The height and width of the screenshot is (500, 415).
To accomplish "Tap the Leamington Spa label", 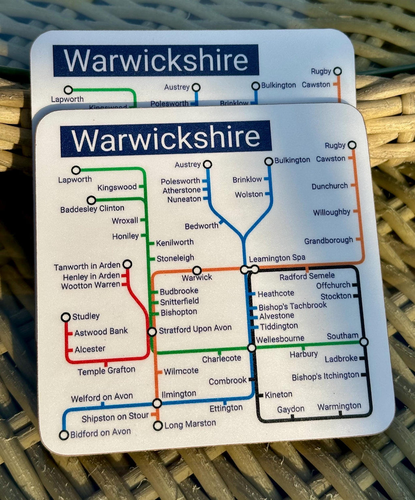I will point(277,258).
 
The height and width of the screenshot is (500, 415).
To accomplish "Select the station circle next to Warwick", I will point(197,270).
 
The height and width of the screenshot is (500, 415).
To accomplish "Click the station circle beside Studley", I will point(66,317).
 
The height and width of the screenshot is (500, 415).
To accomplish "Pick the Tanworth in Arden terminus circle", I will point(127,264).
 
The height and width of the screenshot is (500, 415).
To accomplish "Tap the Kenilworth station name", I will point(175,242).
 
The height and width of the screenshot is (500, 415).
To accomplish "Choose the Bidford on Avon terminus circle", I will point(64,435).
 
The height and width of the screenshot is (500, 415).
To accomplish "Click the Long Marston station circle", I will point(158,426).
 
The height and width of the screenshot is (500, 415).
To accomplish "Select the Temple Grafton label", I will point(106,370).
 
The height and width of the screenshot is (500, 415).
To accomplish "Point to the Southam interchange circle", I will point(364,342).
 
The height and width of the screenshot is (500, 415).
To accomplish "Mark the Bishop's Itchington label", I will point(325,376).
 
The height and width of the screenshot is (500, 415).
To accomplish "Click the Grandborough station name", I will point(328,241).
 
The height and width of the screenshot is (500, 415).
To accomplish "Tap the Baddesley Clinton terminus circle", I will point(91,200).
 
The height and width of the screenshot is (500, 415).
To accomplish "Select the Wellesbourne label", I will point(280,339).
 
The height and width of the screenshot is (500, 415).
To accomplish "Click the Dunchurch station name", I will point(329,186).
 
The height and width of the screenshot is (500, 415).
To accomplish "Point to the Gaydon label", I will point(291,409).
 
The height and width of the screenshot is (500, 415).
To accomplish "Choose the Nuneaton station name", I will point(184,199).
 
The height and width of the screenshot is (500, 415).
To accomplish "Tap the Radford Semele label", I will point(307,276).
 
